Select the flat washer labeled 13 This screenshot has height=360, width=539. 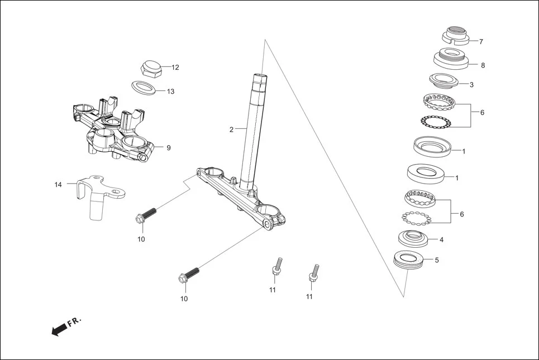[144, 88]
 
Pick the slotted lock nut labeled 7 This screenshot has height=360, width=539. [456, 36]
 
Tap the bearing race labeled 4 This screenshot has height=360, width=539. [414, 238]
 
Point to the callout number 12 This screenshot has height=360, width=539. [175, 68]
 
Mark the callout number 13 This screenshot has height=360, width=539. [170, 92]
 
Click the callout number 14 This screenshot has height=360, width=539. [58, 184]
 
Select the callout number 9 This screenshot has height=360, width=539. [169, 148]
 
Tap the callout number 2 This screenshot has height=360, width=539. [231, 129]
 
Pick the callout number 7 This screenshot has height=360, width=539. [481, 42]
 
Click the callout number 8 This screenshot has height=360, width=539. [483, 65]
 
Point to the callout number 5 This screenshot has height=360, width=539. [437, 260]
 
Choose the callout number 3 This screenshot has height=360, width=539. [471, 85]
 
